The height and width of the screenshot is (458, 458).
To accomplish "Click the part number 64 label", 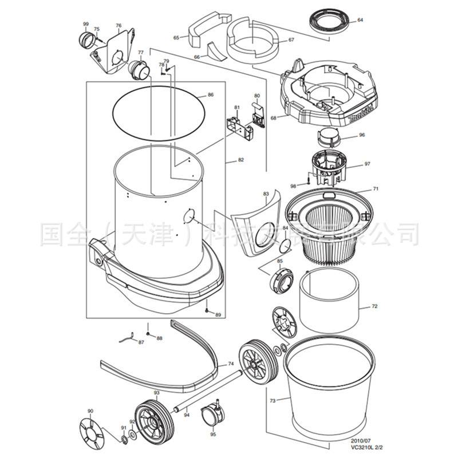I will tap(360, 20).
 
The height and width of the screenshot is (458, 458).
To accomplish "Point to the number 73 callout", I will tap(273, 401).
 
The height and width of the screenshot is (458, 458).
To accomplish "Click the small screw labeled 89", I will tap(207, 310).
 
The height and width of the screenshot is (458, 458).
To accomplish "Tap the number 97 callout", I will tap(367, 164).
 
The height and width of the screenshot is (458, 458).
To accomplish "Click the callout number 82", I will tap(241, 160).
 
